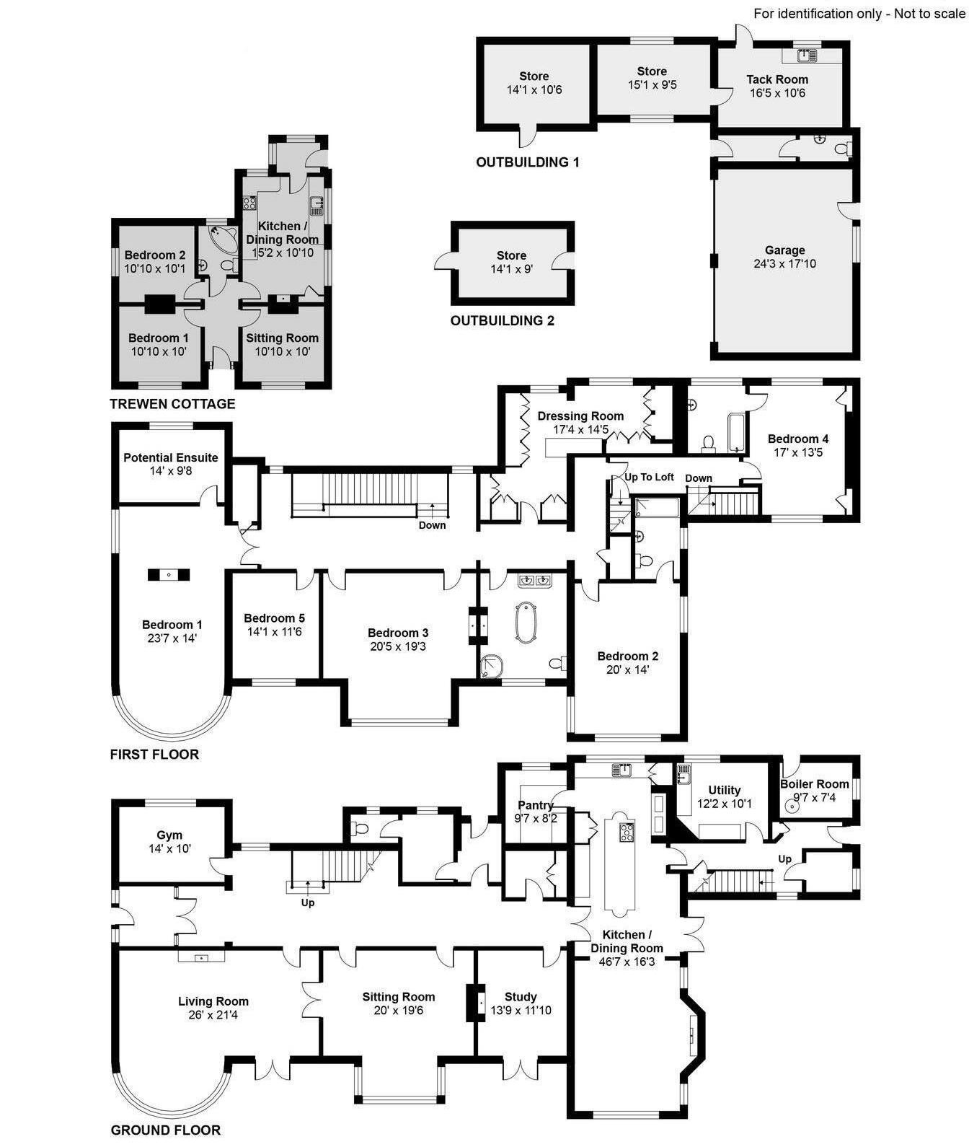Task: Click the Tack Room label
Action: [x=777, y=79]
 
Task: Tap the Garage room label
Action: [x=784, y=250]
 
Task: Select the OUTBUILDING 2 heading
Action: [x=503, y=321]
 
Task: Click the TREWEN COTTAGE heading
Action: [x=172, y=404]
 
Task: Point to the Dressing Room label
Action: [x=580, y=416]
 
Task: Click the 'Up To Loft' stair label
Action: [x=649, y=477]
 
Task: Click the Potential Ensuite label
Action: [x=171, y=457]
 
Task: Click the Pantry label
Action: [x=536, y=806]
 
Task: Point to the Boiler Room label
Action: [x=815, y=784]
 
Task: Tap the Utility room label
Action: [x=725, y=791]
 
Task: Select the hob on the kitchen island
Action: [x=624, y=832]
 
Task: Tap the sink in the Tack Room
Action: [x=806, y=54]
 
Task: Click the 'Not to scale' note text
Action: [x=929, y=14]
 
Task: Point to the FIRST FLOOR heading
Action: [x=154, y=755]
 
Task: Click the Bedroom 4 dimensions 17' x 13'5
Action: [x=797, y=452]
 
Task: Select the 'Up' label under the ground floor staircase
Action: [x=308, y=902]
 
